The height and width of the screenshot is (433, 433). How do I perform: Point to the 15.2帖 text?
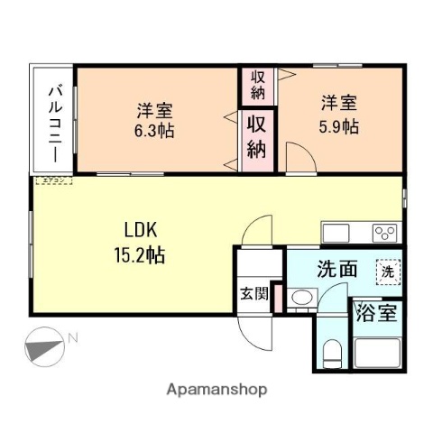click(x=139, y=254)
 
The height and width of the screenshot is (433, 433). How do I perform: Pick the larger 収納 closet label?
click(x=258, y=137)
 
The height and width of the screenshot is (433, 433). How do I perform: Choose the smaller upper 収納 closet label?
click(x=258, y=86)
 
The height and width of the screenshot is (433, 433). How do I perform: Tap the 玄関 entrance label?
click(x=253, y=292)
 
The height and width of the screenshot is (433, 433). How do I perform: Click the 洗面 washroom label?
click(x=336, y=268)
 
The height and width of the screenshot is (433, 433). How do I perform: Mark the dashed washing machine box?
click(x=387, y=269)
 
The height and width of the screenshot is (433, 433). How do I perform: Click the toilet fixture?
click(x=331, y=355)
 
